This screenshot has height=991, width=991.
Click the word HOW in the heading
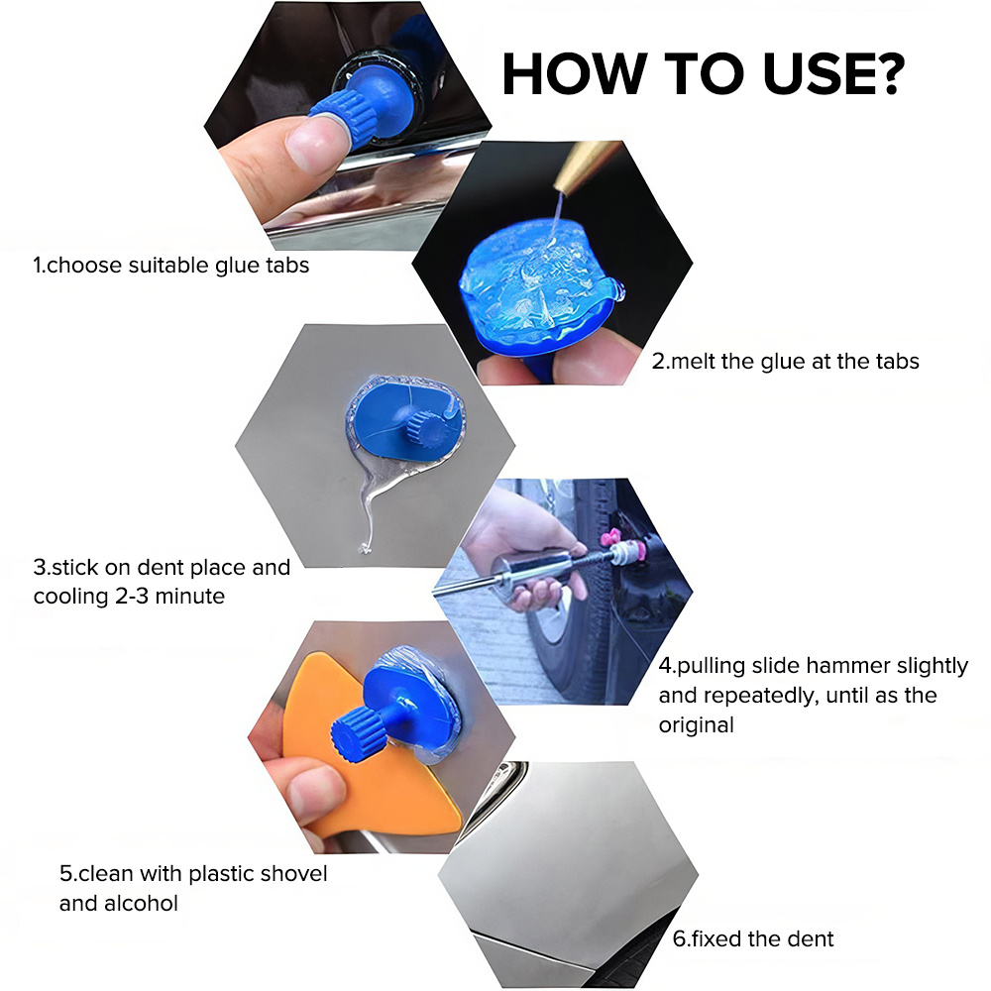pos(575,73)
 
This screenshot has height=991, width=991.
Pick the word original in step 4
pos(696,725)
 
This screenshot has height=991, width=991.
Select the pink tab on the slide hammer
pos(610,539)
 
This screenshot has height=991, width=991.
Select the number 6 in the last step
pos(679,939)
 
